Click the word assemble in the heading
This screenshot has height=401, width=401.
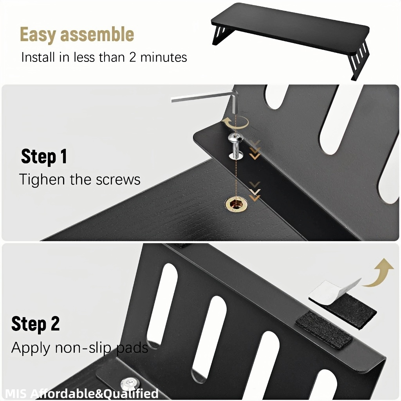click(x=97, y=34)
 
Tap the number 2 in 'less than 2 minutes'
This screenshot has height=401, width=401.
click(x=132, y=57)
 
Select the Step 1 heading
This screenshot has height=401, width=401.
click(x=44, y=156)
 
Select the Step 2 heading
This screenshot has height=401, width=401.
click(x=36, y=324)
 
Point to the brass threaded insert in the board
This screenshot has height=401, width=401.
click(x=236, y=204)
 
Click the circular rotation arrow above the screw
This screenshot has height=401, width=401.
click(x=235, y=122)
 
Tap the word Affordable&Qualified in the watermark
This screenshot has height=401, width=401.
click(x=95, y=394)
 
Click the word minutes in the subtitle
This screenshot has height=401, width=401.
click(x=164, y=57)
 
